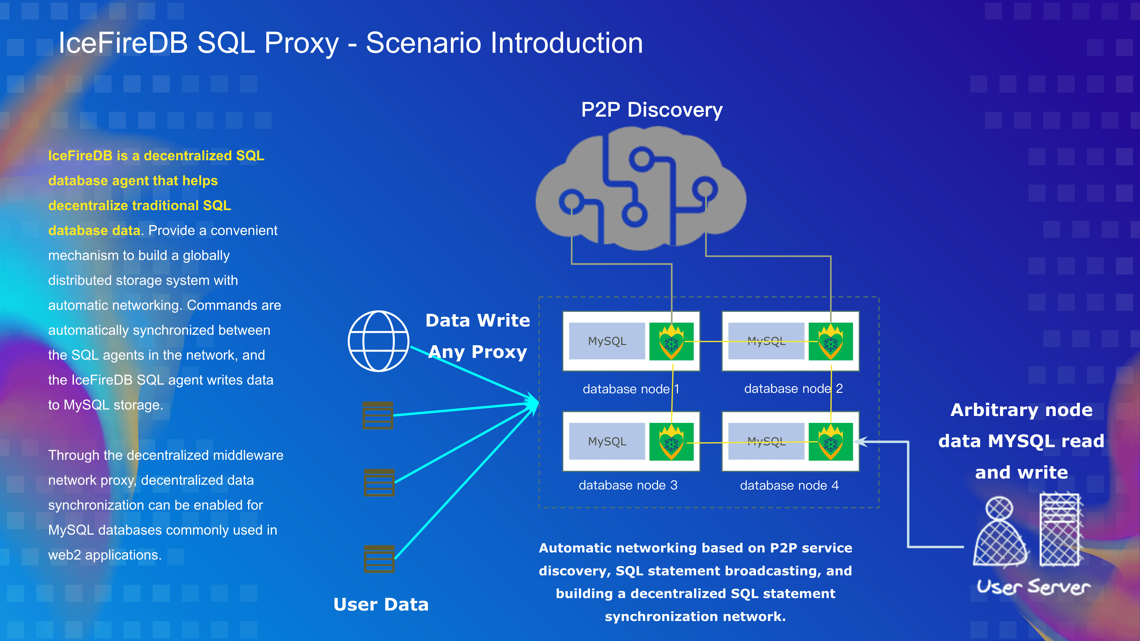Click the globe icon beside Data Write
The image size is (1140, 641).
point(378,341)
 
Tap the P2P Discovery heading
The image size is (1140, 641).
point(651,110)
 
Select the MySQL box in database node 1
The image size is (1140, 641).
point(607,341)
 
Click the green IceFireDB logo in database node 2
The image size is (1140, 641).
point(830,341)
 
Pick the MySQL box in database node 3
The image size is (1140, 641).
point(607,442)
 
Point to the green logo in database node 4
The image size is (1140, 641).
point(830,442)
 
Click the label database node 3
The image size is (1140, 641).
point(627,485)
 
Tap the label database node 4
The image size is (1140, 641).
point(789,485)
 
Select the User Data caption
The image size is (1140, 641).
point(381,604)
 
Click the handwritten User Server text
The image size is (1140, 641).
point(1033,587)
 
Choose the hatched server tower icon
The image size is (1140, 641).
point(1060,530)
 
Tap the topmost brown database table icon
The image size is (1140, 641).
point(377,415)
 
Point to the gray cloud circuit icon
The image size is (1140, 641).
point(641,188)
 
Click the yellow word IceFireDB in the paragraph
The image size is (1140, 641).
point(80,156)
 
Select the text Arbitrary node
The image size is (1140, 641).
point(1021,410)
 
